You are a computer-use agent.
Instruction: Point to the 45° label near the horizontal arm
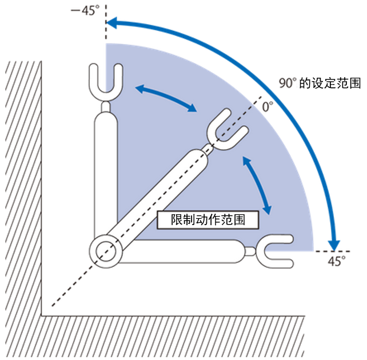tap(337, 262)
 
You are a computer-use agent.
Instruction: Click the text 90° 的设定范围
tap(320, 83)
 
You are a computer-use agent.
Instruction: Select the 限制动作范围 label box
tap(208, 219)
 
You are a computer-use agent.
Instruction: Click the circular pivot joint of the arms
tap(106, 251)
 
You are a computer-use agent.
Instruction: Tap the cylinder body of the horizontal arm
tap(189, 251)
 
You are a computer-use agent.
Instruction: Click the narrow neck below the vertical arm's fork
tap(106, 106)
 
